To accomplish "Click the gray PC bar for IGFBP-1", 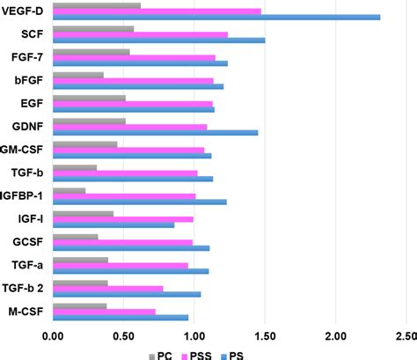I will tap(69, 190).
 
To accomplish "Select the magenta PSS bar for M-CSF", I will tap(104, 311).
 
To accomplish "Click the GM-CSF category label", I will tap(26, 149).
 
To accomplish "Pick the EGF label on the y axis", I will tap(34, 103).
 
